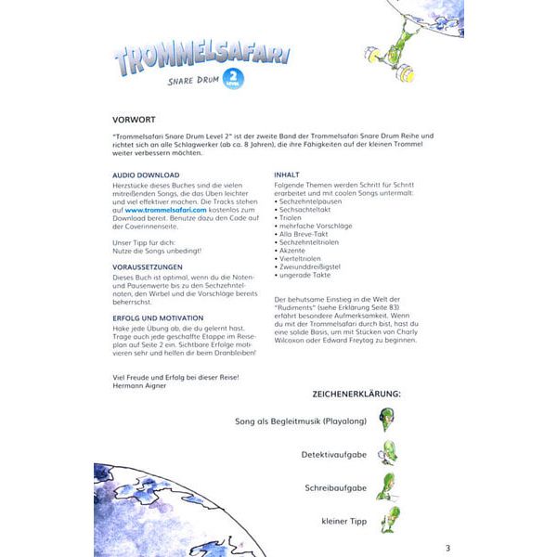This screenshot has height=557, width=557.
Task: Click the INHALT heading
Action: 286,175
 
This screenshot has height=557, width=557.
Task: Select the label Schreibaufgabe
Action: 335,488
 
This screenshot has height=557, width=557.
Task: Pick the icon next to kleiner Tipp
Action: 390,520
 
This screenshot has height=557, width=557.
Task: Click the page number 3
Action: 447,547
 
